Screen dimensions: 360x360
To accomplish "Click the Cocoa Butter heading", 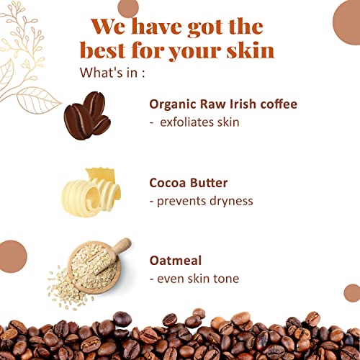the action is coord(188,183).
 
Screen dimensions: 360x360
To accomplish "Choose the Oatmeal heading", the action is coord(176,261).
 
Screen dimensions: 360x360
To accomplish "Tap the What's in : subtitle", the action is coord(112,72).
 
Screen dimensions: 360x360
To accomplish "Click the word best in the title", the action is coord(103,50).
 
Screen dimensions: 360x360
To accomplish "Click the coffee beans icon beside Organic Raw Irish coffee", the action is coord(87,115).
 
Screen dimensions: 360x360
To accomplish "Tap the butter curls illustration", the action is coord(91,192).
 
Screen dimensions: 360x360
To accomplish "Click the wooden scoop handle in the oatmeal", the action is coord(123,246).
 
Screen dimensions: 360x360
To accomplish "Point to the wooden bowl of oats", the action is coord(94,268).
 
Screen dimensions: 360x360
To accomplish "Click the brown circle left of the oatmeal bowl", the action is coord(12,256).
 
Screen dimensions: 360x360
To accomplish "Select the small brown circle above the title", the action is coord(128,8).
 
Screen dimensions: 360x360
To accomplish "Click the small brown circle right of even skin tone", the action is coord(353,293).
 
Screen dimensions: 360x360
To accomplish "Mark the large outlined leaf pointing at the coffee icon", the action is coord(38,100).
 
